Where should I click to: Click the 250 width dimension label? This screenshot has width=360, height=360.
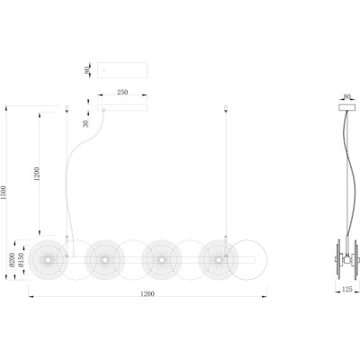(122, 92)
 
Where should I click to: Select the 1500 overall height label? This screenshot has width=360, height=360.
(4, 193)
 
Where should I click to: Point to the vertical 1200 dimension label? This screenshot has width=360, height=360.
(37, 174)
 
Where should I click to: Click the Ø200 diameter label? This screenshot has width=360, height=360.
(12, 260)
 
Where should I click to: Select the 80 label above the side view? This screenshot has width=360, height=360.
(346, 96)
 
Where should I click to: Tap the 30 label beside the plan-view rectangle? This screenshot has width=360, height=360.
(86, 71)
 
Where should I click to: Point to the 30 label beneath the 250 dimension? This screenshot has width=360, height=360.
(86, 123)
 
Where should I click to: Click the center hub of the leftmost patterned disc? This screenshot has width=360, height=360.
(48, 260)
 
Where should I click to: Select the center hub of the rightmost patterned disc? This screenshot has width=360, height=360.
(219, 260)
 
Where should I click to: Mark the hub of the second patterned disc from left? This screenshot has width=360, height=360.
(104, 260)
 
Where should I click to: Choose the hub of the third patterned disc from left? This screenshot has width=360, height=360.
(162, 260)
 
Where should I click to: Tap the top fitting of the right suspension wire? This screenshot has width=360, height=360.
(226, 108)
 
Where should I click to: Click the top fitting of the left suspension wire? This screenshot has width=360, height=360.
(67, 108)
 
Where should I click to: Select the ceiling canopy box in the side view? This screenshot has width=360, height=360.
(346, 107)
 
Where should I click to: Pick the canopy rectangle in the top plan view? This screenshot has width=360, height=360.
(122, 70)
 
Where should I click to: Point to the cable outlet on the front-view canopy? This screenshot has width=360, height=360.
(103, 110)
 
